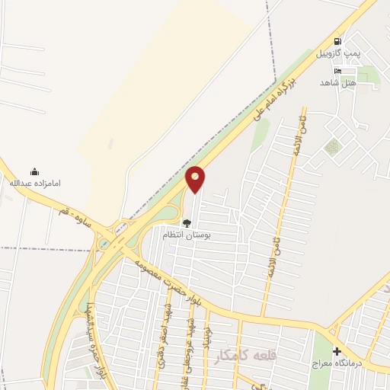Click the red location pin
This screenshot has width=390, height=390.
click(196, 178)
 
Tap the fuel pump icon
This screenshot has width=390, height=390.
click(337, 41)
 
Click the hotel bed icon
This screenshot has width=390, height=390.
click(337, 71)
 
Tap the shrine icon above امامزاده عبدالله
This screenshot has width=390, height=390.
click(34, 171)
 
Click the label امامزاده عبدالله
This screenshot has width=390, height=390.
click(34, 184)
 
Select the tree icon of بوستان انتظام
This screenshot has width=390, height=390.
click(187, 223)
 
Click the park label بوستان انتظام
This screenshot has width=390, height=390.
click(187, 235)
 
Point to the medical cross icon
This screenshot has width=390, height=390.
click(337, 351)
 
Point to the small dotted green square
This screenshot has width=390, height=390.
click(332, 146)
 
